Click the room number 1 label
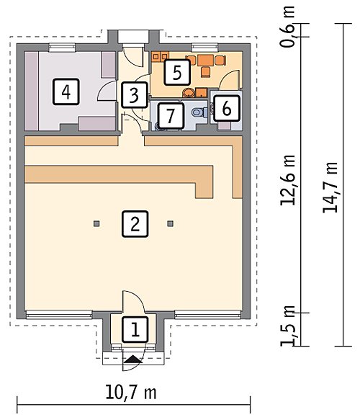[135, 329]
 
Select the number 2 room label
[135, 224]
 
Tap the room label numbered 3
[135, 95]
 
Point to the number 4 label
[66, 91]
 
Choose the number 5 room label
[177, 72]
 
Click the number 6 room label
[226, 109]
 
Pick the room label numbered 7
[171, 115]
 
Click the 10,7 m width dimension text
[131, 393]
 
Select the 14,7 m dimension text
[330, 187]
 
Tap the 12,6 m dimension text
[288, 180]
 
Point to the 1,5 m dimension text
[288, 326]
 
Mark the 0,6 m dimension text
[288, 27]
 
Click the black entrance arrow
[133, 359]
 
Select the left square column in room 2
[96, 223]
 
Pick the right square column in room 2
[170, 223]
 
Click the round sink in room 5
[189, 93]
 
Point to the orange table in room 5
[206, 61]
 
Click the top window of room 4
[63, 47]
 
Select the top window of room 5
[205, 47]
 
